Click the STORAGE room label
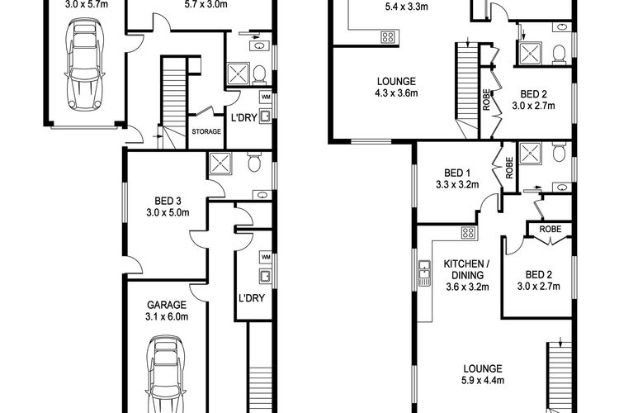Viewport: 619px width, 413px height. pos(206,131)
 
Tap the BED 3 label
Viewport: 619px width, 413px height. pos(168,202)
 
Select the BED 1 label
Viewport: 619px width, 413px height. pos(457,173)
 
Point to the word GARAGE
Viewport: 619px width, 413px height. pos(167,305)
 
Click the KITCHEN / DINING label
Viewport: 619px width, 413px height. pos(467,269)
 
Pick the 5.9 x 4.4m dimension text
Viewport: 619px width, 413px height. pos(483,380)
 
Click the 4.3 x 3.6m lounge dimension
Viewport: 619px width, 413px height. pos(396,93)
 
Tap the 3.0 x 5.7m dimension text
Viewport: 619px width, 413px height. pos(87,5)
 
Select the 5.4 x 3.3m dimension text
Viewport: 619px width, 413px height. pos(406,7)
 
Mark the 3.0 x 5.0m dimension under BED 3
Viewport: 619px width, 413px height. pos(168,212)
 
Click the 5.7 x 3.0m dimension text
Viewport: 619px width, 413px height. pos(206,5)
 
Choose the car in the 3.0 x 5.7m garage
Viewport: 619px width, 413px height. pos(85,64)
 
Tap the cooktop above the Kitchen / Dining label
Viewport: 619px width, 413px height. pos(469,233)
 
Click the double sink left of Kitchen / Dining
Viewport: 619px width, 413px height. pos(424,273)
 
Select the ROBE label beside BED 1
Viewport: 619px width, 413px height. pos(509,168)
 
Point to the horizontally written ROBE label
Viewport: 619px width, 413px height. pos(550,230)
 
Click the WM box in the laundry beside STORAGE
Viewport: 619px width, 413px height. pos(266,97)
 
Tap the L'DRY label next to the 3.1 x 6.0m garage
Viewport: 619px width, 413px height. pos(252,298)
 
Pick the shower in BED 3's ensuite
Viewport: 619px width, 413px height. pos(220,164)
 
